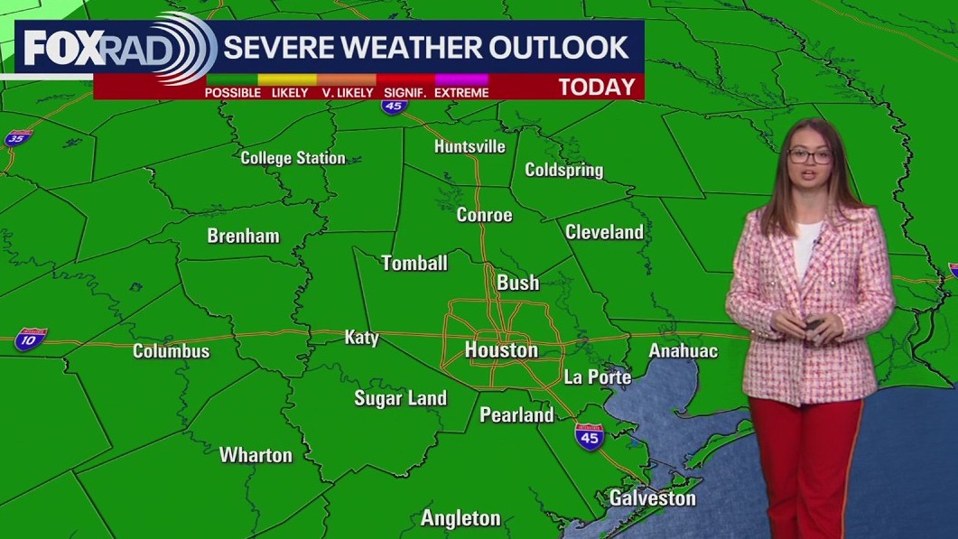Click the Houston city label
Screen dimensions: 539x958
[x=501, y=349]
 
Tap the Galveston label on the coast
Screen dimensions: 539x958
[x=652, y=497]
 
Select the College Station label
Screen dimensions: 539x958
[x=293, y=158]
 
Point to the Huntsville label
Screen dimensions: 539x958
[x=470, y=146]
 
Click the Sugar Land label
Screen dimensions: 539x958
[x=400, y=398]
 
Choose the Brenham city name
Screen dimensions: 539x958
[x=243, y=237]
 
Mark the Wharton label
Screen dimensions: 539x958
[x=256, y=455]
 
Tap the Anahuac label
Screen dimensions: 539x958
[x=683, y=350]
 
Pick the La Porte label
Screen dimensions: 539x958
[x=597, y=376]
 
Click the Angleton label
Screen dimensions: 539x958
[x=460, y=518]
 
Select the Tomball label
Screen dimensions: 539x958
[x=414, y=264]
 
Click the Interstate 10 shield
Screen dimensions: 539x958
[x=28, y=339]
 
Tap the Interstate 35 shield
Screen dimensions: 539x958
[x=17, y=138]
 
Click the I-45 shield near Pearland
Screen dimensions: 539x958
[x=589, y=437]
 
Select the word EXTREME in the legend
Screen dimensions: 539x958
[x=461, y=92]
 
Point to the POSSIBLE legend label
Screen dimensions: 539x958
[x=232, y=92]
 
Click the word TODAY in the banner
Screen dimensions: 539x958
[x=596, y=88]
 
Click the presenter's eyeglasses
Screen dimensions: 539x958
[x=809, y=155]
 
